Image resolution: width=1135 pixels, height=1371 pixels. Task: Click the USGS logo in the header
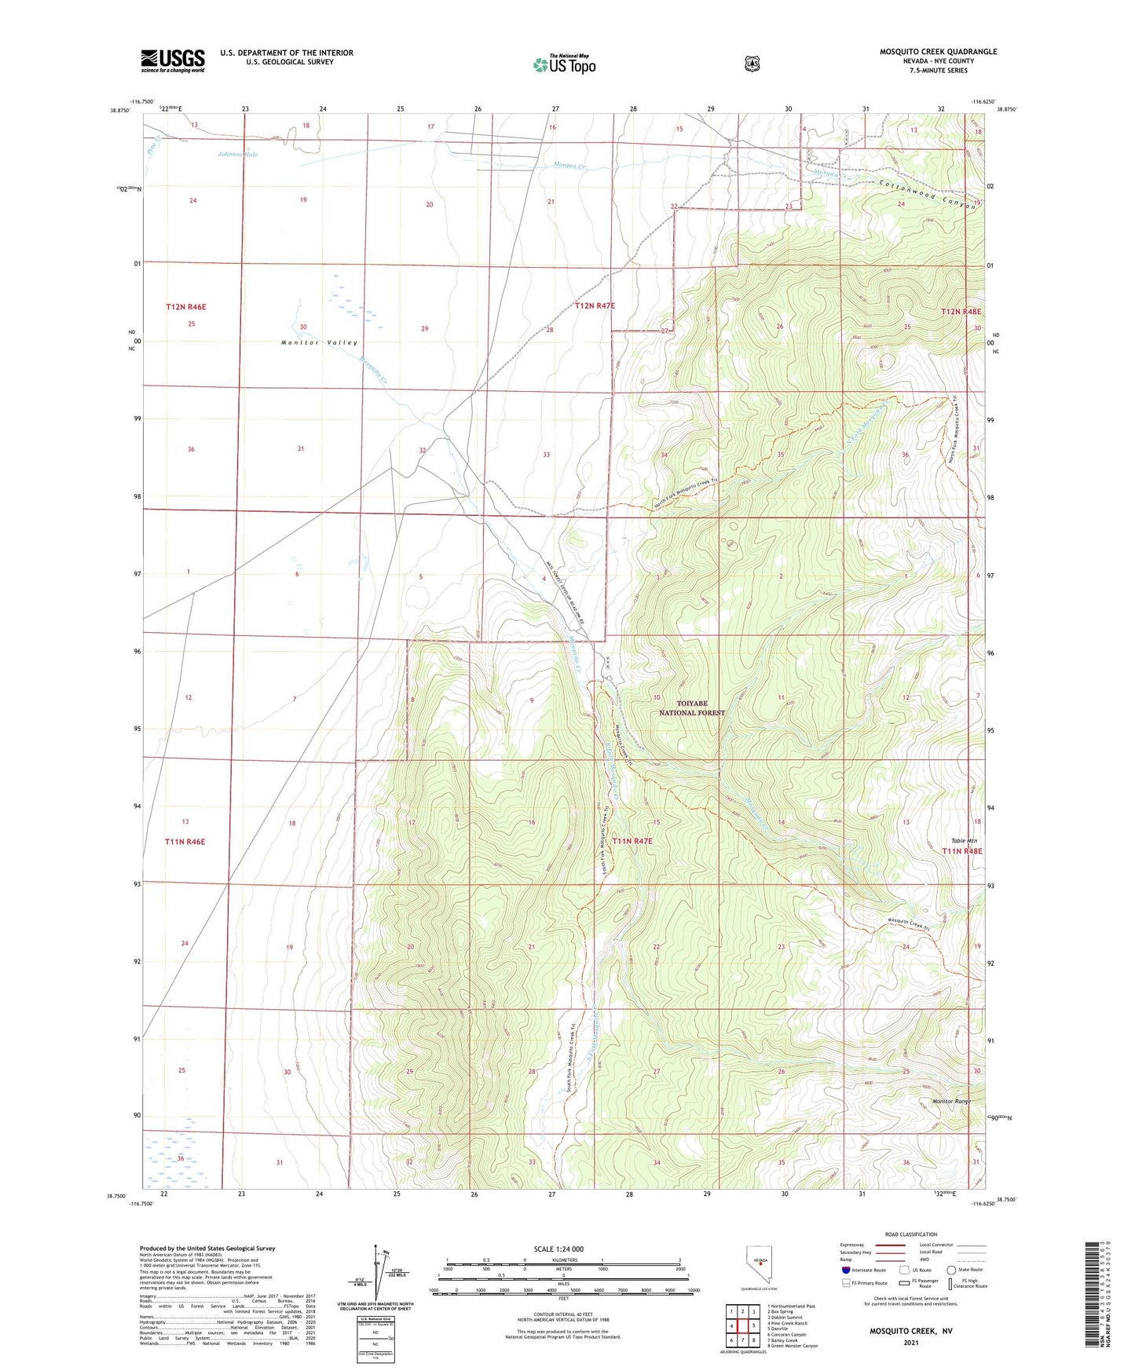tap(173, 60)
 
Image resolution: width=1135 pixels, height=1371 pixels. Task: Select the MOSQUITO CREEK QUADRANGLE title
tap(938, 52)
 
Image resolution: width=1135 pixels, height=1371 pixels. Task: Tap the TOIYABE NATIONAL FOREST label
tap(691, 707)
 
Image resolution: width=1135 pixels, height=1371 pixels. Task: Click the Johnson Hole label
tap(237, 155)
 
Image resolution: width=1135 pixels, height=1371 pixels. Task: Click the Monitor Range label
tap(951, 1101)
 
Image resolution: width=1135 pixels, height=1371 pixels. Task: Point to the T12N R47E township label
tap(595, 305)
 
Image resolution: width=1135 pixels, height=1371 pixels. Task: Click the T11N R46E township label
tap(185, 842)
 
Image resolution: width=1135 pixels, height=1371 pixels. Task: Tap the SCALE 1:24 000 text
tap(558, 1249)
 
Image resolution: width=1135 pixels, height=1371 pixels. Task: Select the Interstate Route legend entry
tap(862, 1270)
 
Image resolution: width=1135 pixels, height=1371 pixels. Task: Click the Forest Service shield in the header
tap(752, 64)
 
